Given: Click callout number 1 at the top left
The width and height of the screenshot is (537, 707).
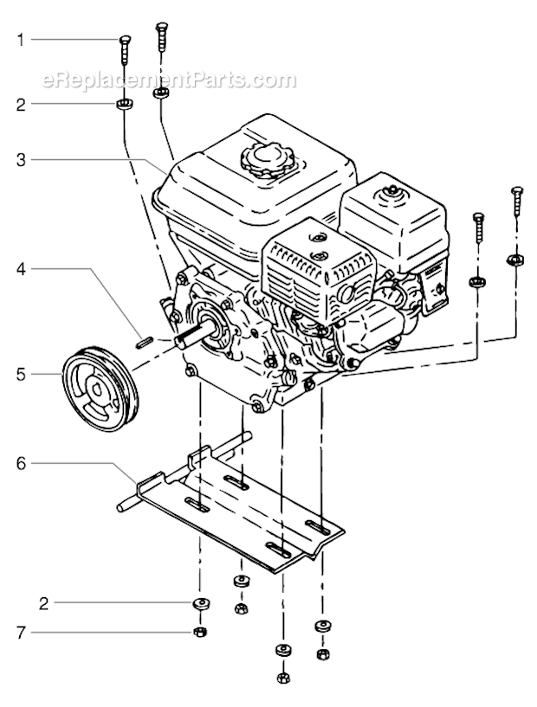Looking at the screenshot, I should point(22,39).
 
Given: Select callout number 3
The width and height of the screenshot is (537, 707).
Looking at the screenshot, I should point(22,159).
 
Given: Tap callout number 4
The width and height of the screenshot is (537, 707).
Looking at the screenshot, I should point(22,269).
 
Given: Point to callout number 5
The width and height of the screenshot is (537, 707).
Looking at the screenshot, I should point(22,374).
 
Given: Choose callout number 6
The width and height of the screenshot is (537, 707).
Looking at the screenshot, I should point(22,464).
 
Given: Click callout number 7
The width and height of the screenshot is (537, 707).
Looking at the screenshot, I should point(22,633).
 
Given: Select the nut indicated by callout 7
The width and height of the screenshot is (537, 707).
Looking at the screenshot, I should point(200,633).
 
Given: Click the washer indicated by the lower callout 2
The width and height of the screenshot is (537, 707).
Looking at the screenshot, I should point(200,602).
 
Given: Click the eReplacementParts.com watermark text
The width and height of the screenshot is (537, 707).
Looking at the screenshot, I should point(170,81).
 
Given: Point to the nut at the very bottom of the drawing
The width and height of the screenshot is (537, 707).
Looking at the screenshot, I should point(282,678).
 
